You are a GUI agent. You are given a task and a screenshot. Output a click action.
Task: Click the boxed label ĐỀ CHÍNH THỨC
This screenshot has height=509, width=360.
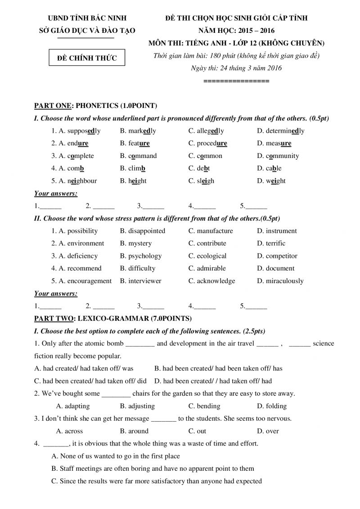pyautogui.click(x=87, y=58)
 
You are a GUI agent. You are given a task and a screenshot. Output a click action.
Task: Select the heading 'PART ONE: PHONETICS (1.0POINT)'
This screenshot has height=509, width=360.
pyautogui.click(x=95, y=106)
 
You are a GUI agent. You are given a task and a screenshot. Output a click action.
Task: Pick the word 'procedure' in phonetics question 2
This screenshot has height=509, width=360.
pyautogui.click(x=211, y=144)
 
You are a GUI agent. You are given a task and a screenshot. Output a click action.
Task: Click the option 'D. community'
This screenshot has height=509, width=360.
pyautogui.click(x=278, y=156)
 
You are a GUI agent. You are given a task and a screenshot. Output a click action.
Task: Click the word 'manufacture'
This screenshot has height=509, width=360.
pyautogui.click(x=215, y=231)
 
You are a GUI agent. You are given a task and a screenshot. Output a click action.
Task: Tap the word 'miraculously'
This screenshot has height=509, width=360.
pyautogui.click(x=284, y=281)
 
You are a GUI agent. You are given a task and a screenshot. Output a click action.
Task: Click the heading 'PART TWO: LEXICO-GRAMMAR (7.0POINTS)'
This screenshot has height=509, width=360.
pyautogui.click(x=113, y=319)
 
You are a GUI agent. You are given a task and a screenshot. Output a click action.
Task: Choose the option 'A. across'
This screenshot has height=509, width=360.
pyautogui.click(x=67, y=431)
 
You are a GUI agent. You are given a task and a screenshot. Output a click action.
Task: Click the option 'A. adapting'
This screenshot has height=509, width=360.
pyautogui.click(x=71, y=406)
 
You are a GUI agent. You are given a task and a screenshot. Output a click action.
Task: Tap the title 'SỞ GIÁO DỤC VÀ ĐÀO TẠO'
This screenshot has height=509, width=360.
pyautogui.click(x=87, y=31)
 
